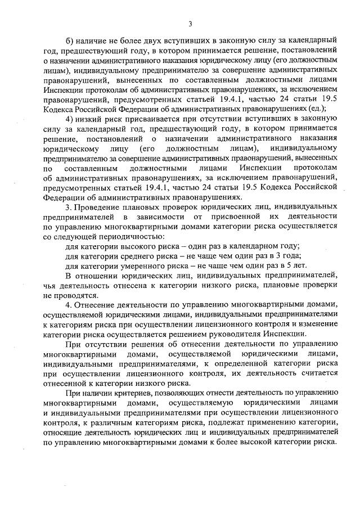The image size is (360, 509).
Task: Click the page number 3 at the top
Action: point(190,23)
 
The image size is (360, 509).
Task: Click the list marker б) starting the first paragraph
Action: point(70,41)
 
